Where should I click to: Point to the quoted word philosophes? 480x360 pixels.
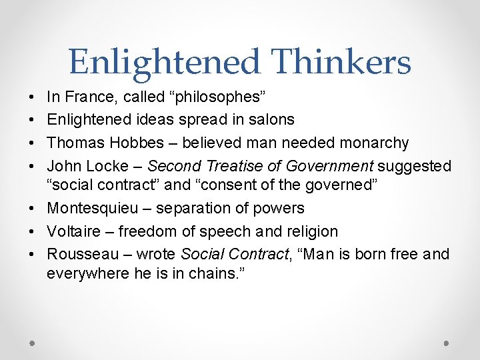220,97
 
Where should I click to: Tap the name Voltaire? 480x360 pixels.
73,231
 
